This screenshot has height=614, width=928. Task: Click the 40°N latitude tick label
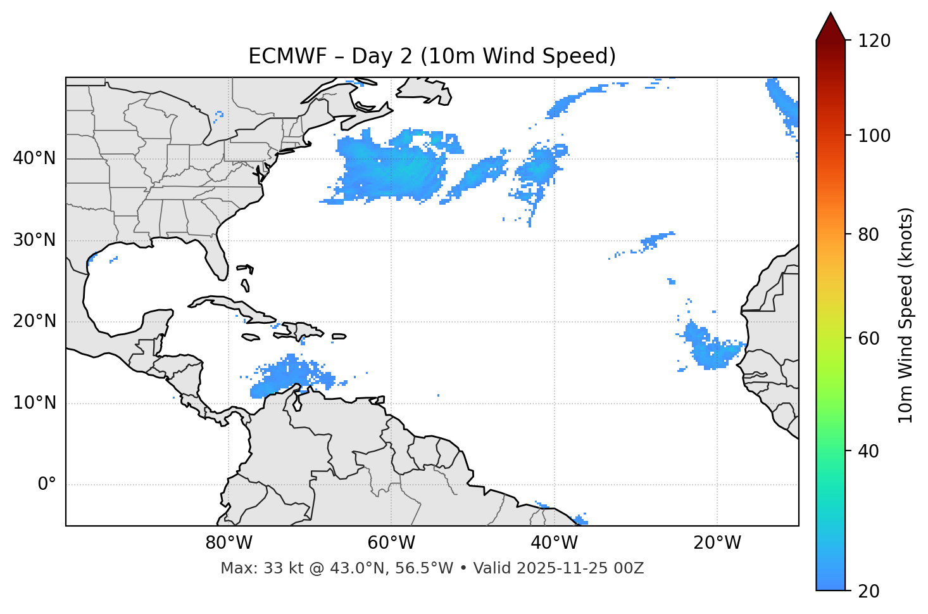tap(34, 158)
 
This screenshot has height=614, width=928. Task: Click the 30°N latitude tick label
tap(34, 240)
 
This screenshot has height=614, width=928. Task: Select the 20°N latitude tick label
tap(34, 321)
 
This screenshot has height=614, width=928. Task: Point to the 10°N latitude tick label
tap(34, 403)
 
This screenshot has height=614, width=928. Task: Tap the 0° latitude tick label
tap(47, 485)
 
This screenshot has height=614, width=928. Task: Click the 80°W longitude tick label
tap(229, 543)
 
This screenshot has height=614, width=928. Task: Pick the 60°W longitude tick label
tap(391, 543)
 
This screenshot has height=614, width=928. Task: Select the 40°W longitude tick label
tap(554, 543)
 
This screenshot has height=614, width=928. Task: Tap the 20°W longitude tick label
tap(717, 543)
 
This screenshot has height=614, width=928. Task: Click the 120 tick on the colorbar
tap(874, 41)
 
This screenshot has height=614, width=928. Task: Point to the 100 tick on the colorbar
tap(874, 136)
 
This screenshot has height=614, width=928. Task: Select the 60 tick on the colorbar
tap(869, 338)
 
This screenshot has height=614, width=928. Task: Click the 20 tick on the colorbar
tap(869, 591)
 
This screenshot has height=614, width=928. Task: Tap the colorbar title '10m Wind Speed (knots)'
tap(906, 315)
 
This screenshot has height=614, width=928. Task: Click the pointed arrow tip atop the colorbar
tap(831, 19)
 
